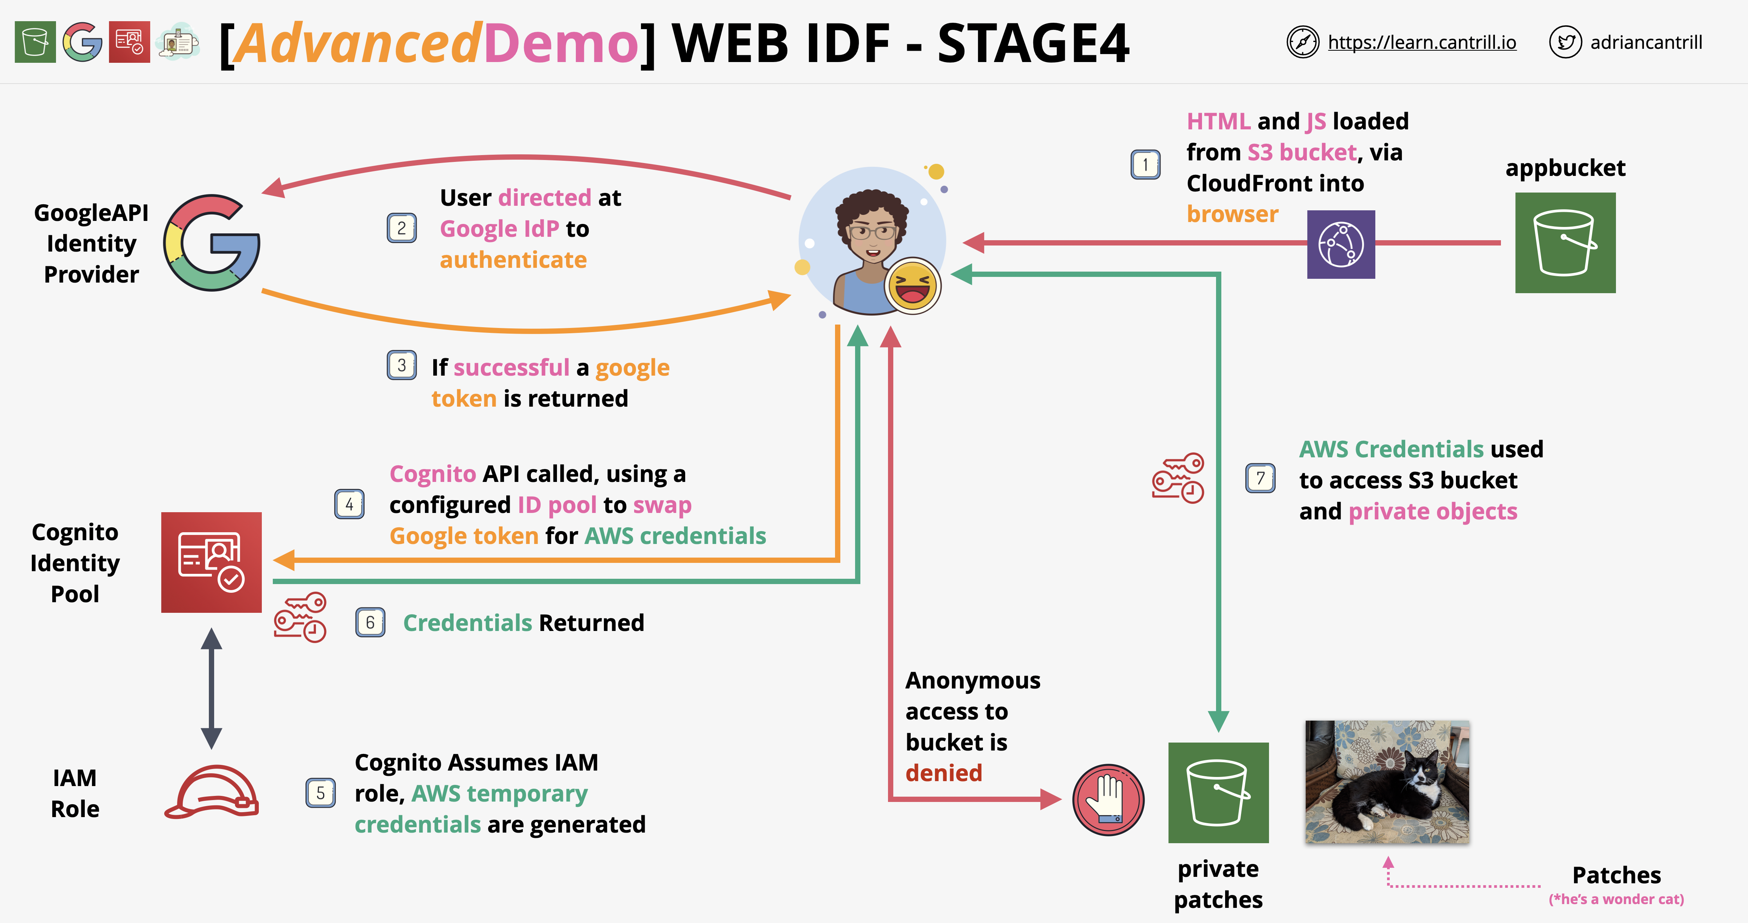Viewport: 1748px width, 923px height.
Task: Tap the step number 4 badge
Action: tap(350, 504)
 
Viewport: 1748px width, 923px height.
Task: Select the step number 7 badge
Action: tap(1260, 479)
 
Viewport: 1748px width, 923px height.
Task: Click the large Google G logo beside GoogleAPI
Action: tap(212, 243)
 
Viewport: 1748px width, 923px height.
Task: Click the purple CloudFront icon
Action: tap(1341, 244)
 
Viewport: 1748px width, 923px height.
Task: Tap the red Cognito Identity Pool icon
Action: tap(211, 562)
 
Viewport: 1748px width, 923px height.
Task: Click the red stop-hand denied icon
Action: tap(1108, 799)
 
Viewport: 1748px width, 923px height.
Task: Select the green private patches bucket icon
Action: tap(1218, 793)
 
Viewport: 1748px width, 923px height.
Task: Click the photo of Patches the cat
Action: tap(1387, 782)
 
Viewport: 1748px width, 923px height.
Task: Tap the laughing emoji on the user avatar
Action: tap(913, 286)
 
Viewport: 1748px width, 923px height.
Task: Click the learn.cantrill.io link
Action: tap(1421, 43)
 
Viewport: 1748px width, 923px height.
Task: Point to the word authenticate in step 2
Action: tap(513, 260)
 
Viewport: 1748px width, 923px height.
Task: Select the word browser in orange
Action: tap(1232, 214)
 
